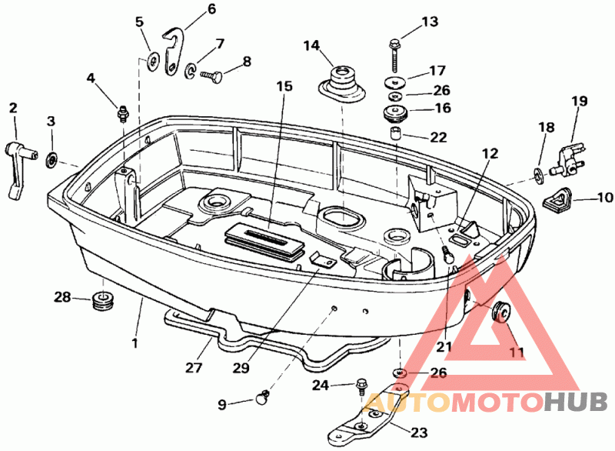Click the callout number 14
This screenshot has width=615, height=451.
click(x=312, y=45)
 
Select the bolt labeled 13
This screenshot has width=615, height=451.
click(x=394, y=55)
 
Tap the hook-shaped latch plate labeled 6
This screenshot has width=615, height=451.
click(x=172, y=52)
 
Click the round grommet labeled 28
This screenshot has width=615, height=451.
click(x=103, y=300)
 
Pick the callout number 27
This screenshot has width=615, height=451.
click(x=194, y=368)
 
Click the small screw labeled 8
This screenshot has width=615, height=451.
click(x=211, y=75)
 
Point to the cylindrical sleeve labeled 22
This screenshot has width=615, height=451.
click(x=395, y=133)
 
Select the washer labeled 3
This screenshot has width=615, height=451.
click(x=52, y=160)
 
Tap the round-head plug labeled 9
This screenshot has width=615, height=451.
click(x=261, y=397)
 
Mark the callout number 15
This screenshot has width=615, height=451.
click(x=284, y=86)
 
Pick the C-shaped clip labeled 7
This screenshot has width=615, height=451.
click(x=190, y=70)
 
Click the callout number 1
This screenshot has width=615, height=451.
click(x=135, y=343)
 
